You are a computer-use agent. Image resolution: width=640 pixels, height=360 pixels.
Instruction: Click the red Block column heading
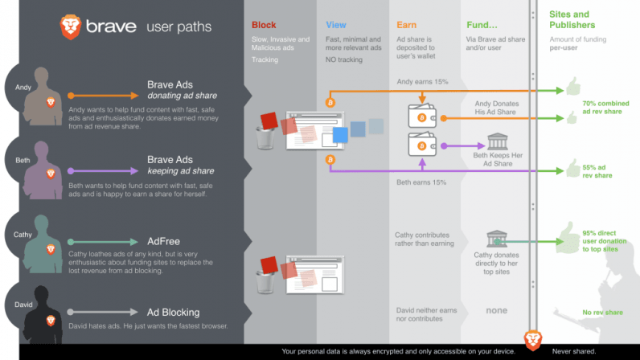click(264, 26)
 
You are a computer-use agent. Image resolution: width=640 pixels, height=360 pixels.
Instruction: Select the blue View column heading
click(337, 26)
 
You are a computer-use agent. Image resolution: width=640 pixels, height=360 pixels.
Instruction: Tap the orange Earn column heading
click(407, 26)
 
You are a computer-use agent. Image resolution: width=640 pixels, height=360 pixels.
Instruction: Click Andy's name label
click(23, 88)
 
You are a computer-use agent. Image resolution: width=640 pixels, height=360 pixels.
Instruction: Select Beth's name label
click(23, 161)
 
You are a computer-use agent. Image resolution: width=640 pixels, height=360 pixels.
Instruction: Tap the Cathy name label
click(24, 235)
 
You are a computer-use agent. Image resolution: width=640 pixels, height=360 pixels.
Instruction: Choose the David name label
click(24, 304)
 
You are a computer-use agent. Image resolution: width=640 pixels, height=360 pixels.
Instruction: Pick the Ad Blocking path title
click(173, 312)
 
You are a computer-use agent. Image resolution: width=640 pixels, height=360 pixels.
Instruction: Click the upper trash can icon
click(265, 137)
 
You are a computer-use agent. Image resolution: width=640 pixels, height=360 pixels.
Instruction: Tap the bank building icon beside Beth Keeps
click(497, 142)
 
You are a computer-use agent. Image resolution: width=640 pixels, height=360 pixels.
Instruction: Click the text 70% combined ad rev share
click(601, 108)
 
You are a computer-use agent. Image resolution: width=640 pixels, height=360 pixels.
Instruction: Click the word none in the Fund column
click(496, 311)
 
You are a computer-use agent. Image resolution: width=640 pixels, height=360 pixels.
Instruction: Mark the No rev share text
click(602, 312)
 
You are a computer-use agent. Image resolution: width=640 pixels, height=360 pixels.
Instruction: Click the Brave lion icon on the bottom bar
click(531, 340)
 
